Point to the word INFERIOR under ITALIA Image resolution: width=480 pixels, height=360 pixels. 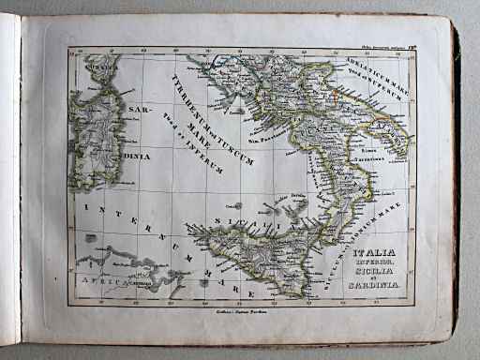click(375, 262)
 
